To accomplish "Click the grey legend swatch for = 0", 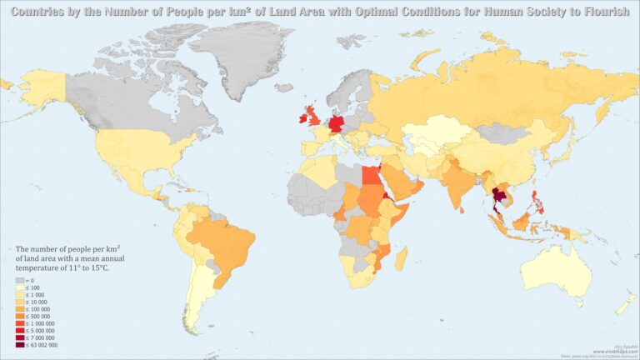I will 20,282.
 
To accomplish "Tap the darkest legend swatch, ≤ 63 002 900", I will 20,345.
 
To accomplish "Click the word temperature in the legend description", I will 35,268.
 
